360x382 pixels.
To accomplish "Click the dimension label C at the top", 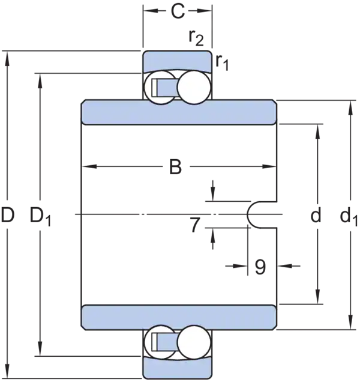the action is click(178, 11).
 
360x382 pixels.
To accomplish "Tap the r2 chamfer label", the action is click(196, 38).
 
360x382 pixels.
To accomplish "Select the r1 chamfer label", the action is click(222, 63).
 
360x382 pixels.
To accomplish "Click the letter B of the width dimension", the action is click(175, 167).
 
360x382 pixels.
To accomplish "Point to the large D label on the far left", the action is click(8, 215).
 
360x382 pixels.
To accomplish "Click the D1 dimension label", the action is click(40, 216).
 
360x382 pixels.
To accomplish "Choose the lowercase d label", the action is click(316, 215).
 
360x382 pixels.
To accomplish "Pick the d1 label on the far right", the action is click(349, 216).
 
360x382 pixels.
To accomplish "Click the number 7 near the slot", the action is click(195, 225).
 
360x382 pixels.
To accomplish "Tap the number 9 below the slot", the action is click(260, 267).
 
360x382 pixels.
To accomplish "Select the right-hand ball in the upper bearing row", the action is click(194, 88).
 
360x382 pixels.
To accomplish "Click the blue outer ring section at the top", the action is click(177, 61).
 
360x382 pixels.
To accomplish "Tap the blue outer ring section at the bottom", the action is click(177, 368).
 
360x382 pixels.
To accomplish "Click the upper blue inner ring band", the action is click(179, 112).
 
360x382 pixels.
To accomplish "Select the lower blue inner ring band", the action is click(179, 318).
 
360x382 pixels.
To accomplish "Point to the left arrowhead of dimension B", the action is click(88, 166).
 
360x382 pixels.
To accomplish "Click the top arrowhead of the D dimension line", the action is click(8, 58).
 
